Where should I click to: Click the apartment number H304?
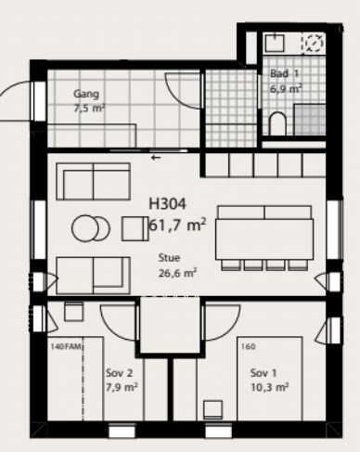(x=168, y=204)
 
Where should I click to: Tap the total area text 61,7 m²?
(x=177, y=225)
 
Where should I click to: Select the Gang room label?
(x=86, y=94)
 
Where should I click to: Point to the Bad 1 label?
(x=284, y=73)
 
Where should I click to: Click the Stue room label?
(x=169, y=258)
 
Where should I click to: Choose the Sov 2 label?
(x=119, y=373)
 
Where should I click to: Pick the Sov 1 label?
(x=264, y=373)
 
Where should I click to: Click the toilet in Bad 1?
(x=277, y=123)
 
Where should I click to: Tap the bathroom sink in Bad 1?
(x=275, y=43)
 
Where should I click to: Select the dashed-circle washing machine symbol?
(x=315, y=43)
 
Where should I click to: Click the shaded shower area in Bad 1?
(x=310, y=120)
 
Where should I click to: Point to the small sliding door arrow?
(x=156, y=158)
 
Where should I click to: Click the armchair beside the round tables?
(x=135, y=228)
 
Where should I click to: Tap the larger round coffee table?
(x=85, y=228)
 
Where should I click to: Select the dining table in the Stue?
(x=264, y=239)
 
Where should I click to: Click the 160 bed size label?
(x=249, y=346)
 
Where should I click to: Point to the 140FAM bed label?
(x=66, y=346)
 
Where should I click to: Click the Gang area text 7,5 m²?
(x=89, y=109)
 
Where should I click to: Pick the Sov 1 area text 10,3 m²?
(x=270, y=387)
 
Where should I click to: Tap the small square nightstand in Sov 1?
(x=212, y=409)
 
